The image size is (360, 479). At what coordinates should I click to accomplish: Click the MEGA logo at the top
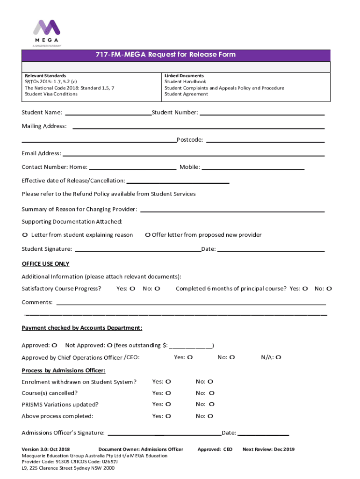coord(46,32)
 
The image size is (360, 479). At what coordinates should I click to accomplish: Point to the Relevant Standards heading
coord(45,76)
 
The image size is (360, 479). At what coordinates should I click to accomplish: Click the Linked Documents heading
coord(184,76)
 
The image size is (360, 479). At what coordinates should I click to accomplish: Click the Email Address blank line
coord(194,154)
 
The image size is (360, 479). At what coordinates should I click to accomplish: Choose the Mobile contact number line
coord(253,168)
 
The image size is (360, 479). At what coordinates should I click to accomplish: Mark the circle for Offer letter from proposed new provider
coord(147,235)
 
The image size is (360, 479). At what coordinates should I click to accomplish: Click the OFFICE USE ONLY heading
coord(45,264)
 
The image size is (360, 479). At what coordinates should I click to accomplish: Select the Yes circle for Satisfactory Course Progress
coord(132,289)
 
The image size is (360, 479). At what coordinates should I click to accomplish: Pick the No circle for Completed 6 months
coord(329,289)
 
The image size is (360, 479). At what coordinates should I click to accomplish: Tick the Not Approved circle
coord(109,346)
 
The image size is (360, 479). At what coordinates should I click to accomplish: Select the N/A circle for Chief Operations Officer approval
coord(278,358)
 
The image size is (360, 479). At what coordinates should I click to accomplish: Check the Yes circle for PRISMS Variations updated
coord(168,404)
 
